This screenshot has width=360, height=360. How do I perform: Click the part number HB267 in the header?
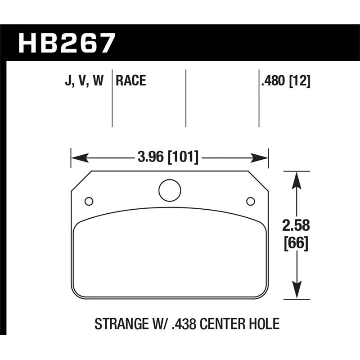click(x=67, y=43)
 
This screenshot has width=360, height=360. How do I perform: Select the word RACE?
click(x=131, y=81)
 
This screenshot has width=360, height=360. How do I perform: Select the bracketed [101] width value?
click(x=183, y=158)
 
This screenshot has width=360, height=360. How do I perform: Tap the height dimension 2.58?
click(x=296, y=225)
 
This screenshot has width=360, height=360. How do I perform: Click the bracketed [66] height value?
click(x=296, y=244)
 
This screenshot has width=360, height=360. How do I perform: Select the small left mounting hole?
click(x=89, y=201)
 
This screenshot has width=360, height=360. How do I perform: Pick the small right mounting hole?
click(x=251, y=201)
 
